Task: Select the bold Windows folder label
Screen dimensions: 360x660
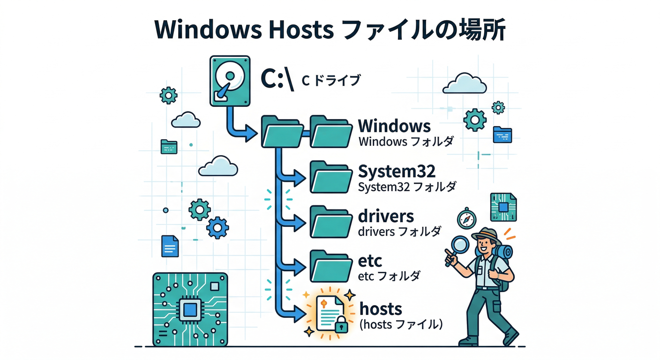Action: [x=394, y=126]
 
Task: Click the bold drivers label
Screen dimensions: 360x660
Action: [x=385, y=216]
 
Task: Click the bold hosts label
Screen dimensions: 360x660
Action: [x=381, y=309]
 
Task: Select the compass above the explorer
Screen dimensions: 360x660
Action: [x=466, y=218]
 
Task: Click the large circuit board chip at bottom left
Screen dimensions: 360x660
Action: [x=190, y=310]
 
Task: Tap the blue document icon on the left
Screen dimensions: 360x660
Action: [x=170, y=246]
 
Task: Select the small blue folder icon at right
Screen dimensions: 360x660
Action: [x=502, y=135]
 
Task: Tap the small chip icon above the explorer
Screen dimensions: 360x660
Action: [x=503, y=207]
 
